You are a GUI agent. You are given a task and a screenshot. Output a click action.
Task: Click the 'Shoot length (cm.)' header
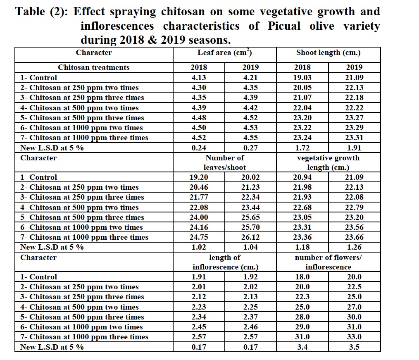(328, 53)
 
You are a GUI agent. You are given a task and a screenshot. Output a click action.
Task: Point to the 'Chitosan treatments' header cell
(93, 67)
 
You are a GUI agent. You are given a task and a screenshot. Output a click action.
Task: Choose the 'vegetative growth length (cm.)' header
(328, 162)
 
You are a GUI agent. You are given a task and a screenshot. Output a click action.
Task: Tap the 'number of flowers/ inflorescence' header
(328, 262)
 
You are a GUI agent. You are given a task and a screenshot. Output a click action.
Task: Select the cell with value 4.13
(199, 77)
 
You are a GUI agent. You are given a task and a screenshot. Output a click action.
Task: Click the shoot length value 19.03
(302, 77)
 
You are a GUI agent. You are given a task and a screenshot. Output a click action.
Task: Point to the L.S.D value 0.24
(199, 148)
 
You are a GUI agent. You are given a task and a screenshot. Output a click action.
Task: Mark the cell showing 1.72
(302, 148)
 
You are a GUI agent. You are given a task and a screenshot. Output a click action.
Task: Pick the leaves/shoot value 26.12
(250, 237)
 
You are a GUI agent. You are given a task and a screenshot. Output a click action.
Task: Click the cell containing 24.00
(199, 217)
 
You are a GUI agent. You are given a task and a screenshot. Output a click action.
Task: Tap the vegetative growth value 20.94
(302, 177)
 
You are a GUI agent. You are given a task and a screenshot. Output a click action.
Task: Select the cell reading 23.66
(354, 237)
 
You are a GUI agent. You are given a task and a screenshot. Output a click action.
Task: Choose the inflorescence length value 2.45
(199, 327)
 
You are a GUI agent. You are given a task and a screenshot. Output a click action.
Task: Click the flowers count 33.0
(354, 337)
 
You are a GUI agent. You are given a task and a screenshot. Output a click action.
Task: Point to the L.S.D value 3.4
(302, 347)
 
